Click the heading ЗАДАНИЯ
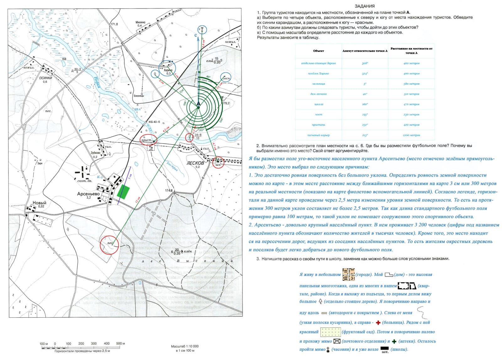point(364,6)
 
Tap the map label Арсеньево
point(88,194)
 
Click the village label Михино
point(140,23)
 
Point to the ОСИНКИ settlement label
point(45,78)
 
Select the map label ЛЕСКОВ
point(195,163)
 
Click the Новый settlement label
point(39,203)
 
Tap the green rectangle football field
point(123,192)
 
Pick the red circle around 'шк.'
point(218,163)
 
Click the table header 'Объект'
point(318,51)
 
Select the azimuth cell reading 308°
point(365,63)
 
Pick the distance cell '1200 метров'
point(411,135)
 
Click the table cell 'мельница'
point(318,84)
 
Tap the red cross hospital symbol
point(378,323)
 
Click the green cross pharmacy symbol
point(394,341)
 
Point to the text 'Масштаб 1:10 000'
point(185,346)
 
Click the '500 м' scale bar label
point(120,343)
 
